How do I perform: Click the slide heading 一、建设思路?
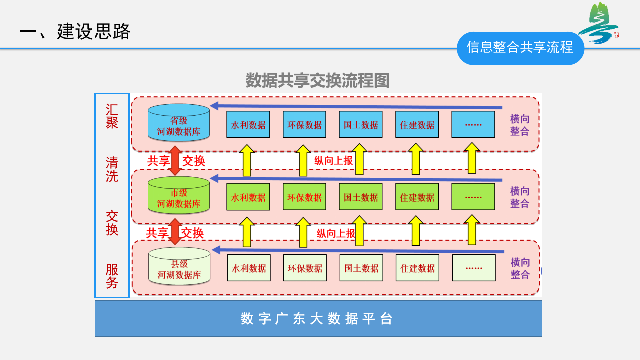coord(75,32)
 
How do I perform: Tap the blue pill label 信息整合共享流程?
coord(520,48)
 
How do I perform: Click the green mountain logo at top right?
coord(598,23)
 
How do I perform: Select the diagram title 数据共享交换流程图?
coord(317,81)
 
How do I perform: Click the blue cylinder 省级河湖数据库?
coord(179,123)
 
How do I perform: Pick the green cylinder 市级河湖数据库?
coord(179,195)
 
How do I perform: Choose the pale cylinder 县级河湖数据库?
coord(179,266)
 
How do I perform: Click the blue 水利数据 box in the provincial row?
coord(248,125)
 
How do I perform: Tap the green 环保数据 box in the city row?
coord(304,197)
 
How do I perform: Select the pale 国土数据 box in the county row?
coord(361,268)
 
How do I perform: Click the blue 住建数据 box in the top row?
coord(417,125)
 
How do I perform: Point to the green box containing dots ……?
coord(473,197)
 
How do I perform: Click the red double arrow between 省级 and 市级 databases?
coord(175,160)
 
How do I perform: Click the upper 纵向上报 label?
coord(333,161)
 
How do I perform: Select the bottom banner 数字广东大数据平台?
coord(318,318)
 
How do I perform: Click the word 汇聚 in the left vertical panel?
coord(112,116)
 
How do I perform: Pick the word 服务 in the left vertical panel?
coord(112,276)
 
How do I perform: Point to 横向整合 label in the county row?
coord(520,268)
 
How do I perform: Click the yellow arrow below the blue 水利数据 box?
coord(247,160)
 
